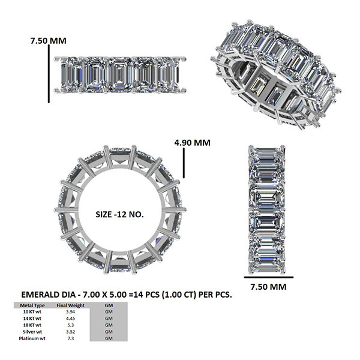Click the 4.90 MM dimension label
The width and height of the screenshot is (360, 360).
[192, 143]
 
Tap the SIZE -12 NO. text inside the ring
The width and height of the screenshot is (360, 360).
[119, 214]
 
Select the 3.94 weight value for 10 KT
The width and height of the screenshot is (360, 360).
[70, 312]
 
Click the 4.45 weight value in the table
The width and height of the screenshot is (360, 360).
[70, 319]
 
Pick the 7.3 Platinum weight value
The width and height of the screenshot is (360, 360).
[70, 338]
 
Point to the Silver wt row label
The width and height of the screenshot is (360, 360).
[32, 332]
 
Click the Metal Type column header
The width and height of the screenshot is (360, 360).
[32, 305]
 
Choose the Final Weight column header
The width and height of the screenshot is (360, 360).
[70, 305]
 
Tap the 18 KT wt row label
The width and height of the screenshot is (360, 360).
[32, 325]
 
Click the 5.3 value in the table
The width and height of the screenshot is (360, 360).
[70, 325]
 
